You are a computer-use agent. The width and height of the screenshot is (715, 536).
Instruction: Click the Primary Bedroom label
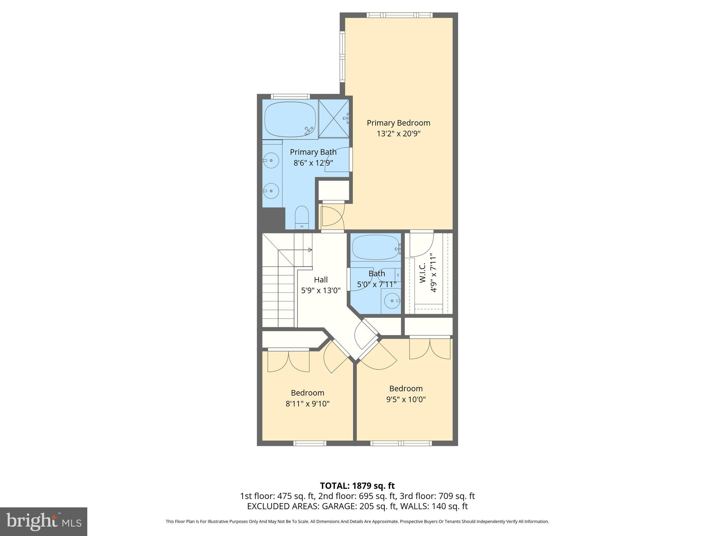(x=398, y=123)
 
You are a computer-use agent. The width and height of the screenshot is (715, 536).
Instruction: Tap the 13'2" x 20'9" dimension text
(x=398, y=134)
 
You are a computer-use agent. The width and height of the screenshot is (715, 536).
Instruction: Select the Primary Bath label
(x=313, y=152)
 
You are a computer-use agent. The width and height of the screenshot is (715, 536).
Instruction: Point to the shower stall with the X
(x=334, y=119)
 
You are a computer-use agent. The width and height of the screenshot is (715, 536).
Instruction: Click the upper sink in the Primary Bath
(x=271, y=161)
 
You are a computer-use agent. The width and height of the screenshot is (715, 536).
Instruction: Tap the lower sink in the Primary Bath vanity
(x=271, y=191)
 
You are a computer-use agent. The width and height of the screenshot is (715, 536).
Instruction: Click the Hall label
(x=320, y=280)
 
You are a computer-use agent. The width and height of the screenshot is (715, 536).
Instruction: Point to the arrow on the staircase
(x=309, y=250)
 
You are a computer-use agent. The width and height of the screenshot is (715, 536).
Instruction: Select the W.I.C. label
(x=422, y=273)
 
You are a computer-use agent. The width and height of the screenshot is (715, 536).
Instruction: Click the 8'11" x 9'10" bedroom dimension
(x=307, y=404)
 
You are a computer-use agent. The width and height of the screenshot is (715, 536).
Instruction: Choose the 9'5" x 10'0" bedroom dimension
(x=406, y=400)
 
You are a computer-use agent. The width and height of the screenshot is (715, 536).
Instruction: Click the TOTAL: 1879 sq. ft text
(x=357, y=486)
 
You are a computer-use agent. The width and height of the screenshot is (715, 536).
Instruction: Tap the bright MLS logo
(x=43, y=521)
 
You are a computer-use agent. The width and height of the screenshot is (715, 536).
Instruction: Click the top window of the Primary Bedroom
(x=399, y=15)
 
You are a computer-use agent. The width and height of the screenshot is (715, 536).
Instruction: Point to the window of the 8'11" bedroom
(x=310, y=443)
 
